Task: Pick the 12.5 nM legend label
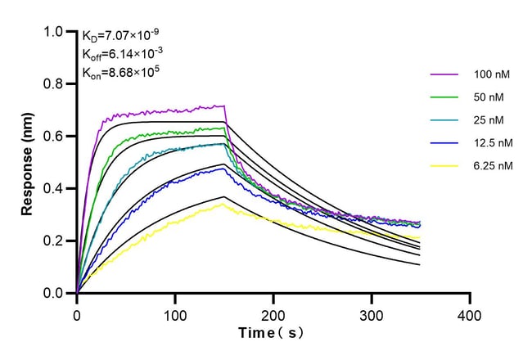coord(493,143)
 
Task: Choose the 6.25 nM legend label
coord(493,165)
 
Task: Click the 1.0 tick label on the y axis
coord(53,32)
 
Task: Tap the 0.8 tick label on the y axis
coord(53,83)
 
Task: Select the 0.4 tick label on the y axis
coord(53,188)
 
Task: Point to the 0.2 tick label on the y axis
coord(53,241)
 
